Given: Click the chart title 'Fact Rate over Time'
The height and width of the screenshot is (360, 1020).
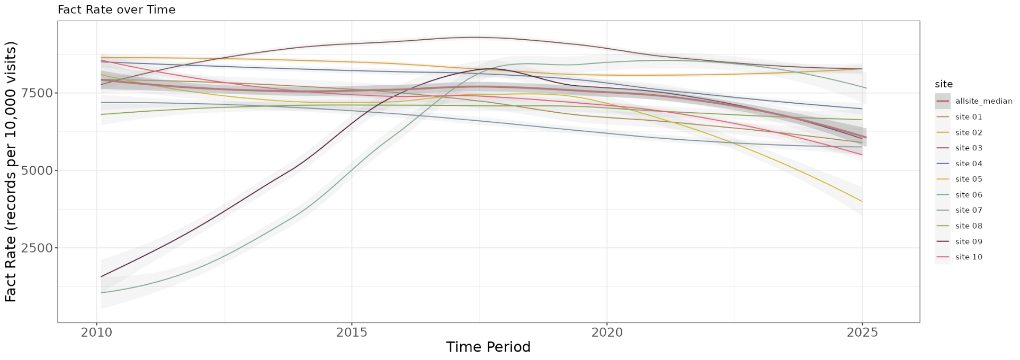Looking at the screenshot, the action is pyautogui.click(x=117, y=10).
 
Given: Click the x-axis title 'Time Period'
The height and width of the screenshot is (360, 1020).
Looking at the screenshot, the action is pyautogui.click(x=488, y=347).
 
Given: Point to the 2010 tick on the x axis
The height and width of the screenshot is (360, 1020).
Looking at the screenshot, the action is pyautogui.click(x=96, y=332).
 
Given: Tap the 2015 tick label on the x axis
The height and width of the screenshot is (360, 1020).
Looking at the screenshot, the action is pyautogui.click(x=352, y=332).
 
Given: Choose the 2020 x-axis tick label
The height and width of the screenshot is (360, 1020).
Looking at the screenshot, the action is pyautogui.click(x=607, y=332).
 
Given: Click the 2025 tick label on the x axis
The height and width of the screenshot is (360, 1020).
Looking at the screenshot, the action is pyautogui.click(x=862, y=332).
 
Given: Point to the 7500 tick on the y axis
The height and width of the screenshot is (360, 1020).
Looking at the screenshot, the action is pyautogui.click(x=37, y=93).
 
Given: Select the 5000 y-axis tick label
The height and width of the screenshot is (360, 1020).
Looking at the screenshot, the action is pyautogui.click(x=37, y=170).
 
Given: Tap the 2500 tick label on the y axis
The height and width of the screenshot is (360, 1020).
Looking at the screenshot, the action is pyautogui.click(x=37, y=248).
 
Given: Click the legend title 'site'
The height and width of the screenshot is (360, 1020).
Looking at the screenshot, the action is pyautogui.click(x=944, y=84).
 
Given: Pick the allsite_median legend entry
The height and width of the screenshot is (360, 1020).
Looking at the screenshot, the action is pyautogui.click(x=973, y=101).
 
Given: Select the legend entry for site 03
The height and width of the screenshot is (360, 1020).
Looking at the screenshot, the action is pyautogui.click(x=959, y=148).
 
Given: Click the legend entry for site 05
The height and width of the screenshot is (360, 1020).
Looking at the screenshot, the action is pyautogui.click(x=959, y=179).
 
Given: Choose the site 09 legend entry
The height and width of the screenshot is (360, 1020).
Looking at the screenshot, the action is pyautogui.click(x=959, y=241).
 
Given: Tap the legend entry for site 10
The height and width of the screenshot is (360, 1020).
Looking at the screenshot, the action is pyautogui.click(x=959, y=257).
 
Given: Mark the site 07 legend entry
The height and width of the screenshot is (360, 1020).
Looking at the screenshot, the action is pyautogui.click(x=959, y=210).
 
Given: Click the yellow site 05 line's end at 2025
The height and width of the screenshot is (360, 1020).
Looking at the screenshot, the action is pyautogui.click(x=862, y=202).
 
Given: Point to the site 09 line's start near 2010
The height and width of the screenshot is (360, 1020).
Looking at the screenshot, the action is pyautogui.click(x=101, y=276).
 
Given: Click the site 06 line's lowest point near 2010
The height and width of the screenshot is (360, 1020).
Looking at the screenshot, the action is pyautogui.click(x=101, y=293).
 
